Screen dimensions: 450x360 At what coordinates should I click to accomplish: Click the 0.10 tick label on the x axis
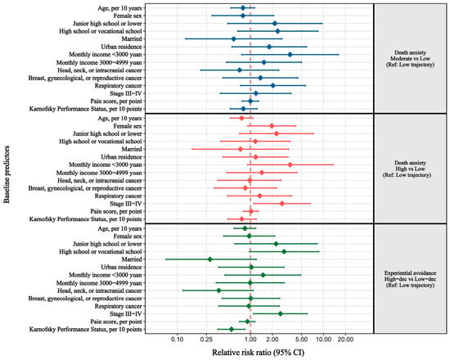178,340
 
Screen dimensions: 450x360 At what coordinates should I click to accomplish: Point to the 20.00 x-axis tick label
345,340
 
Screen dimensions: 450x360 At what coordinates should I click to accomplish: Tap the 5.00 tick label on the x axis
301,340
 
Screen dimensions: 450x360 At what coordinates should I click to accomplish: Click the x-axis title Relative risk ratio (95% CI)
258,353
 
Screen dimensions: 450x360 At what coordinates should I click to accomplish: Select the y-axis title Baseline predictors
7,174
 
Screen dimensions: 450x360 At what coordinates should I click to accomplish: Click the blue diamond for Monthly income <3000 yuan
290,55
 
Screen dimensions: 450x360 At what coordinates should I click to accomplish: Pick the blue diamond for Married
234,39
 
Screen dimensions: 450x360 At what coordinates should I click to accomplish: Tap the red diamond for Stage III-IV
281,204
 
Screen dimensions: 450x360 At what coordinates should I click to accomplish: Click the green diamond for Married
209,259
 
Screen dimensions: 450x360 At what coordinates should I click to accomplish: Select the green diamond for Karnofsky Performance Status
232,329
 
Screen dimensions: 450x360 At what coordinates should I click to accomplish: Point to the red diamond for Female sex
272,126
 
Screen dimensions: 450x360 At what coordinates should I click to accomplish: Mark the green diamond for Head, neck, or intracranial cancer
218,290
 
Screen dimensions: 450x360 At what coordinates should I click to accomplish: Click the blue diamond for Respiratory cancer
273,86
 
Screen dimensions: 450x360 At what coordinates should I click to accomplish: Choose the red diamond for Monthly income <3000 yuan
290,164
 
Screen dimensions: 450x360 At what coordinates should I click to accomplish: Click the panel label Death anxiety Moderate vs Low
410,59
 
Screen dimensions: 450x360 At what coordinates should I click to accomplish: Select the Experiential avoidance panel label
410,279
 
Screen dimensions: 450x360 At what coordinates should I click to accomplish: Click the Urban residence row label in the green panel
121,268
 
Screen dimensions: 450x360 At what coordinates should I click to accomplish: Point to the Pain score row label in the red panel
116,212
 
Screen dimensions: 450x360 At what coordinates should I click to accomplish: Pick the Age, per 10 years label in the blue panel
119,8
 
